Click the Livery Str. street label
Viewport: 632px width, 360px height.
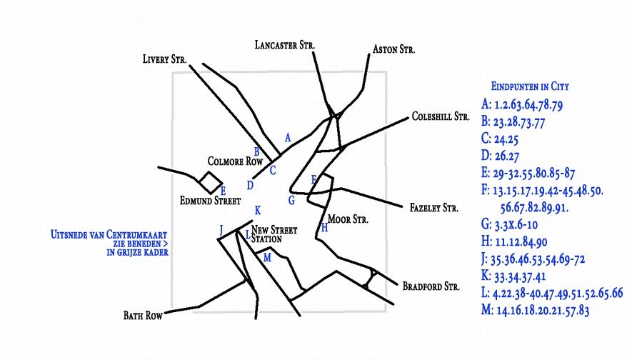(x=164, y=59)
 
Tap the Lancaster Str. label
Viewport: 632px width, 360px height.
(x=286, y=45)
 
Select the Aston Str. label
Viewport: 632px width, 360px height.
(x=393, y=49)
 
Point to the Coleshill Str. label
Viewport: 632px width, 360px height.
(x=440, y=116)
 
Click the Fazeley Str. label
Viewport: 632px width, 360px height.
(x=433, y=208)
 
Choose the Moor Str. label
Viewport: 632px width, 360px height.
(x=348, y=219)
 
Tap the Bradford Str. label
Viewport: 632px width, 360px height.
(x=431, y=286)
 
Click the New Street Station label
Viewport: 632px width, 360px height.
(x=274, y=234)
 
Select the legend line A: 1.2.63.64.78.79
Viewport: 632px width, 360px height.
(x=523, y=105)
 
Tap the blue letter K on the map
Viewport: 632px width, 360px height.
(x=258, y=210)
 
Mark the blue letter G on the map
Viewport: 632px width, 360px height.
(x=291, y=200)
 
